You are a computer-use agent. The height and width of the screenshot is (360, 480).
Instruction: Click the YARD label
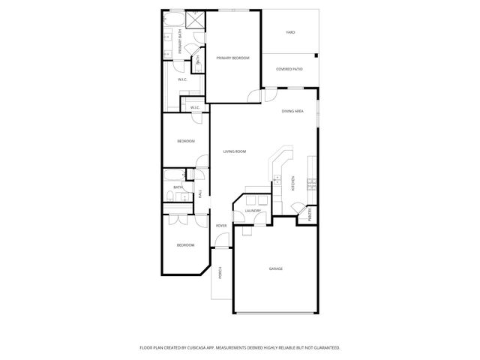point(290,33)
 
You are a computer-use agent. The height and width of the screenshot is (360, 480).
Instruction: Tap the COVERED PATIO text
point(289,69)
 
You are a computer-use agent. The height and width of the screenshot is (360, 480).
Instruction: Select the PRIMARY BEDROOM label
point(232,58)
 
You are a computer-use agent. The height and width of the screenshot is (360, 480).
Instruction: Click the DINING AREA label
point(292,111)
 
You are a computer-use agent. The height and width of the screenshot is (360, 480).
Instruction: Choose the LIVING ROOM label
point(235,151)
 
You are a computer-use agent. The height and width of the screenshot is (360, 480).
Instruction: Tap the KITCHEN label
point(293,182)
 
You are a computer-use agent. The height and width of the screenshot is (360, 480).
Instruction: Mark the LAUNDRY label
point(253,211)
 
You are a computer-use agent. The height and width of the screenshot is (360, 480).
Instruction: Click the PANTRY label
point(310,215)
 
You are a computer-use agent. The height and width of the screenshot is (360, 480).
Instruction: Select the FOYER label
point(221,226)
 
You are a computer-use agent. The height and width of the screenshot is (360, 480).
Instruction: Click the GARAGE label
point(275,268)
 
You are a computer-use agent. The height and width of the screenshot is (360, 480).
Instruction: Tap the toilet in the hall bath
point(169,197)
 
